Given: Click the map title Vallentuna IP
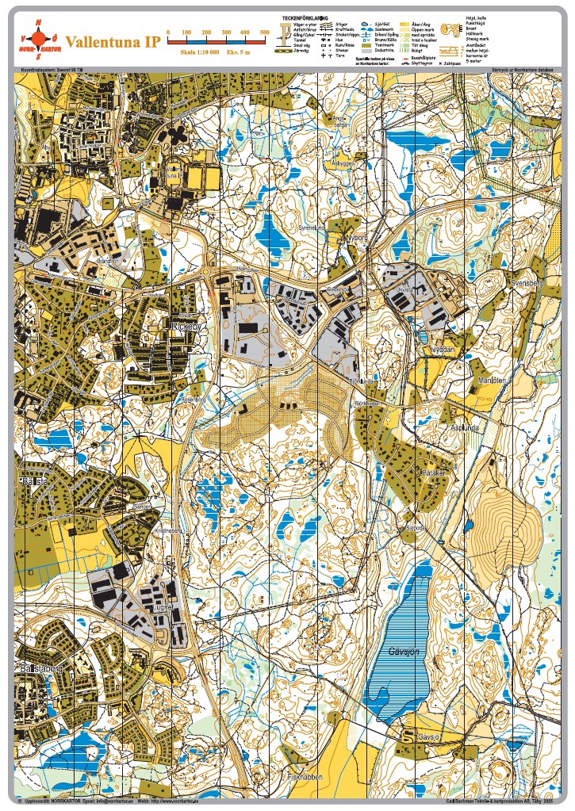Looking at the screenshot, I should [x=113, y=41].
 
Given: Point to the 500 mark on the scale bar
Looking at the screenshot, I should [x=264, y=33].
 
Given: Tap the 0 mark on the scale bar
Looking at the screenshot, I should [x=168, y=33].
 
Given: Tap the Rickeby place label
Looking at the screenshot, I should [x=184, y=325].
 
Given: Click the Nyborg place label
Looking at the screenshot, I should [x=358, y=236].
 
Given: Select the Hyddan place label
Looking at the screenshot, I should [x=441, y=348].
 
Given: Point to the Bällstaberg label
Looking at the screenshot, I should [x=36, y=668].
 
